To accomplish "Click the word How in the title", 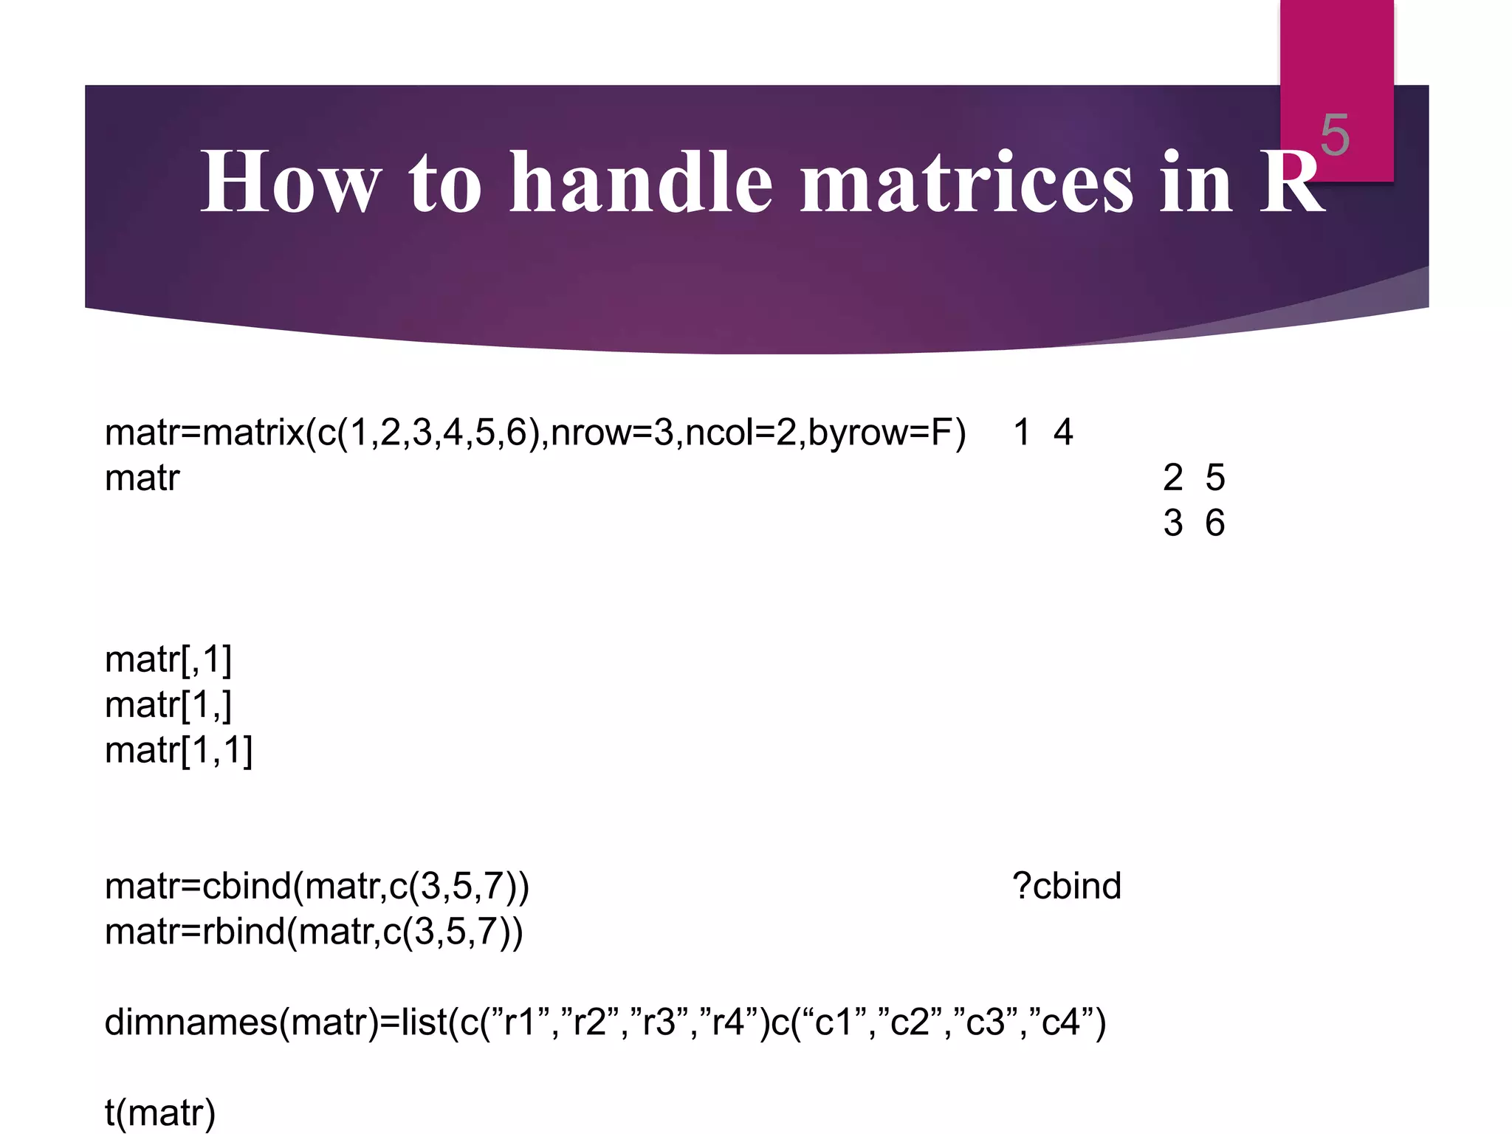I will (x=291, y=182).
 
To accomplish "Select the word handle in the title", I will (x=641, y=182).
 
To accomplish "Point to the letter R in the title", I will (x=1291, y=182).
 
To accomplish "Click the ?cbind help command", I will (x=1066, y=886).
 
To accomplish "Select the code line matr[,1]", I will (x=168, y=659).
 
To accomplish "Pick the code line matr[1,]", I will (x=168, y=705).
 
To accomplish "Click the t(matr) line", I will (x=160, y=1113).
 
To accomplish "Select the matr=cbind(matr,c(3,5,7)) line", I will (x=317, y=886).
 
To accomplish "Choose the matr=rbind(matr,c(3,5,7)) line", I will (x=314, y=932).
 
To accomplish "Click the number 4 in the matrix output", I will (x=1062, y=433).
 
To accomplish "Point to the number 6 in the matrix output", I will (x=1214, y=523).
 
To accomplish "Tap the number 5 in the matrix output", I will (x=1214, y=478).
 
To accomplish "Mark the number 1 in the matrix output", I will (x=1022, y=433).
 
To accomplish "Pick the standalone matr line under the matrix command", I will (x=142, y=478).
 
